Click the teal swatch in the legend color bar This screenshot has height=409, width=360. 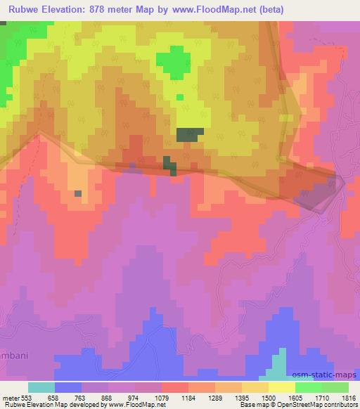(41, 387)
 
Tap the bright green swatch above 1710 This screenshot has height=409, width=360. (308, 387)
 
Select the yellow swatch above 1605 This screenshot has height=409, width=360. (281, 387)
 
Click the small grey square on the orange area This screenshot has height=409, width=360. (77, 193)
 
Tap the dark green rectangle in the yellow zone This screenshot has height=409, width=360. (189, 134)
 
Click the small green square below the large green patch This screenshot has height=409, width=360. (180, 97)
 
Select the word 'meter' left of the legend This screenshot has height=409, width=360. (12, 397)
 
